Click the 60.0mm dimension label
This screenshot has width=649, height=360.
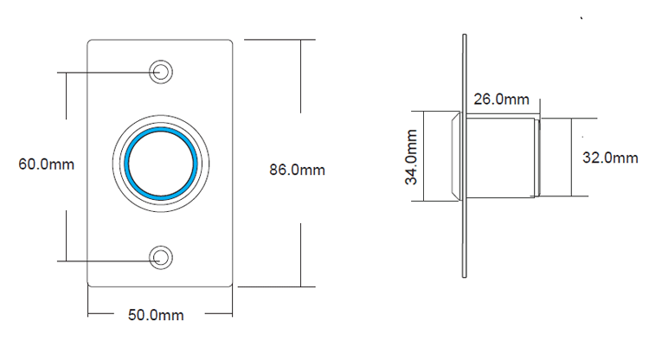[x=45, y=164]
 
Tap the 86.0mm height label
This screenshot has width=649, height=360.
[x=297, y=170]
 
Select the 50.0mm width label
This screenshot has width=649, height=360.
[x=156, y=316]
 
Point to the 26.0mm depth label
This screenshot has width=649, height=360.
[x=501, y=100]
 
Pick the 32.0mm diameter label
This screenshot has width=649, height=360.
[x=610, y=157]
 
